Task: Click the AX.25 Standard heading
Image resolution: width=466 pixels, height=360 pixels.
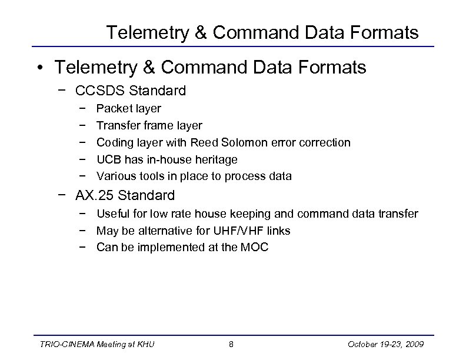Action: (125, 195)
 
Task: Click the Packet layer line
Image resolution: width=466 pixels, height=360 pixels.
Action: (128, 108)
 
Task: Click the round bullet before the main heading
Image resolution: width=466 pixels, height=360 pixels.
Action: (39, 68)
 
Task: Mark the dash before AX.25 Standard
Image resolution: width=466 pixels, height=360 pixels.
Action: (62, 195)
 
